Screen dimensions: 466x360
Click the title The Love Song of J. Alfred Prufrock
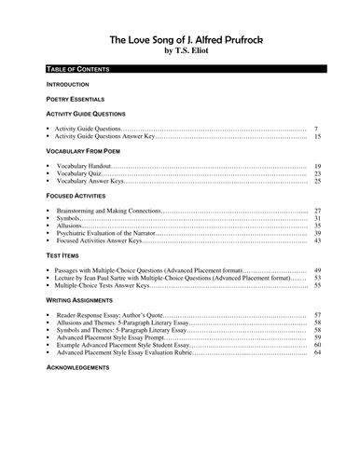181,40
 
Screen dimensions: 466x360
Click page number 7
317,128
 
